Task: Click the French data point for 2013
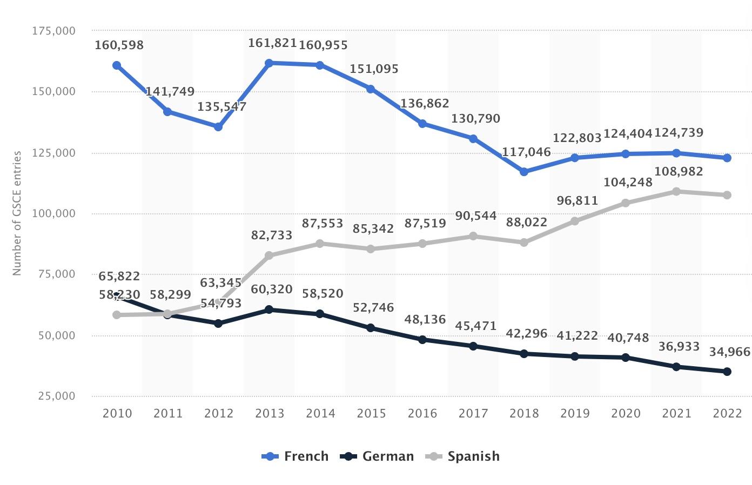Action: pos(269,63)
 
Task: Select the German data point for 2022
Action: pos(727,372)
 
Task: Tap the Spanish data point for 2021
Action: pos(676,191)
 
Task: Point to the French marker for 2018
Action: pos(523,172)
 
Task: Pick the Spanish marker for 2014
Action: pos(320,244)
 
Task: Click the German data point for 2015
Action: pos(371,328)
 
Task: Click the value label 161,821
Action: pos(272,43)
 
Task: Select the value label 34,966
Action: pos(730,352)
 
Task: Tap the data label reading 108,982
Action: pos(679,172)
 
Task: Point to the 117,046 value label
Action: pos(526,152)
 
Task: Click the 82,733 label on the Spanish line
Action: pos(272,235)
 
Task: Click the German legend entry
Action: pos(378,456)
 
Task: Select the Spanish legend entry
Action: pos(464,456)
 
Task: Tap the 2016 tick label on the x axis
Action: pos(422,414)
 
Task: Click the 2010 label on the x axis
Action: pos(117,414)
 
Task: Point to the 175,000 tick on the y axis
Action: pos(53,31)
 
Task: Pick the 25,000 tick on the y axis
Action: pos(57,396)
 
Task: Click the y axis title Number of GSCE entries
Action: pos(17,213)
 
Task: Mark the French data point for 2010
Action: pos(117,65)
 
